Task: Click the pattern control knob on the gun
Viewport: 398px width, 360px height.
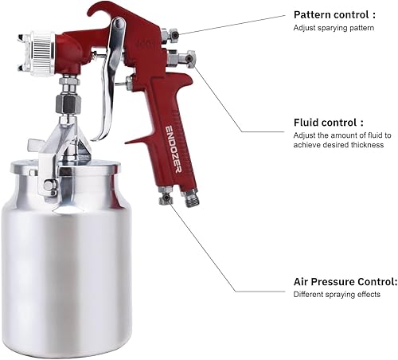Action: click(x=168, y=34)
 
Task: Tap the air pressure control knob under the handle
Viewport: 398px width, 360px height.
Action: click(x=166, y=195)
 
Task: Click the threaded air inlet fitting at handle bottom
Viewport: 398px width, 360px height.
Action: click(x=190, y=196)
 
